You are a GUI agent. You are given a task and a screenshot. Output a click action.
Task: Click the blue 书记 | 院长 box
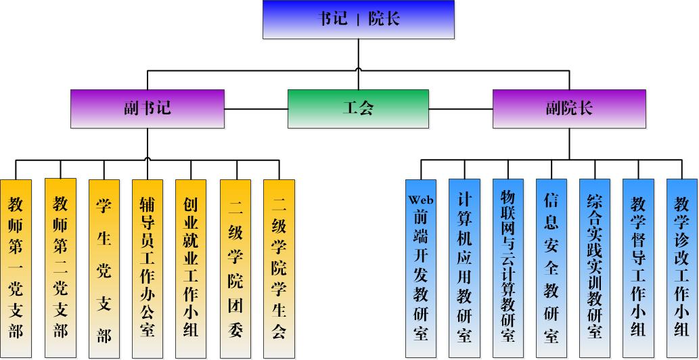358,19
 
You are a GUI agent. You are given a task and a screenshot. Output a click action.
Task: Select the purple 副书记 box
148,108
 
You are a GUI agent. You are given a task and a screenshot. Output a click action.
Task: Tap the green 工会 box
358,108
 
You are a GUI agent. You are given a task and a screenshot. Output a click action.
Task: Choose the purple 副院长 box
568,108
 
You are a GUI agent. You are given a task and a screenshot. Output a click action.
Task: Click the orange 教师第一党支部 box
16,268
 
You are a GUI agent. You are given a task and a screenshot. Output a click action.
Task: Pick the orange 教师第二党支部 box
60,268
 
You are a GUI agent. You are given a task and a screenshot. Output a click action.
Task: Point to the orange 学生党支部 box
104,268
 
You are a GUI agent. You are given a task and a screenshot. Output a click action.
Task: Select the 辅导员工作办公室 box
148,268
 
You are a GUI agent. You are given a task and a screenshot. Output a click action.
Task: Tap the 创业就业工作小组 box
191,268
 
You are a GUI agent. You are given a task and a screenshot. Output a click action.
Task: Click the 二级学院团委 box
235,268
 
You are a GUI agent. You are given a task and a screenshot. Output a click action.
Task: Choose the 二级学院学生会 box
279,268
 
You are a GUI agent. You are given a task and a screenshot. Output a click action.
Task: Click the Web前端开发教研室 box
421,268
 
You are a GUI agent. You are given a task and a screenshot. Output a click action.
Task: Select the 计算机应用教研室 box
464,268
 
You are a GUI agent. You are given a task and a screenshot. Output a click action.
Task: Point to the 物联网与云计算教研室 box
508,268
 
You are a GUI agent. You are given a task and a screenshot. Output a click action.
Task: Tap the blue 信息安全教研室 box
551,268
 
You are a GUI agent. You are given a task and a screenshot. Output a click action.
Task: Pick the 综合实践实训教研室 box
595,268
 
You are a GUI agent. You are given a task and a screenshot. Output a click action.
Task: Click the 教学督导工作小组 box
638,268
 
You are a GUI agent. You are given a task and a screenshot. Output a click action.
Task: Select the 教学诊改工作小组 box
681,268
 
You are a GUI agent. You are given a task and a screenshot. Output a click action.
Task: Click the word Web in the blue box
421,200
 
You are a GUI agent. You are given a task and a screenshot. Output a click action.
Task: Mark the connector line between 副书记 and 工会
256,108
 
